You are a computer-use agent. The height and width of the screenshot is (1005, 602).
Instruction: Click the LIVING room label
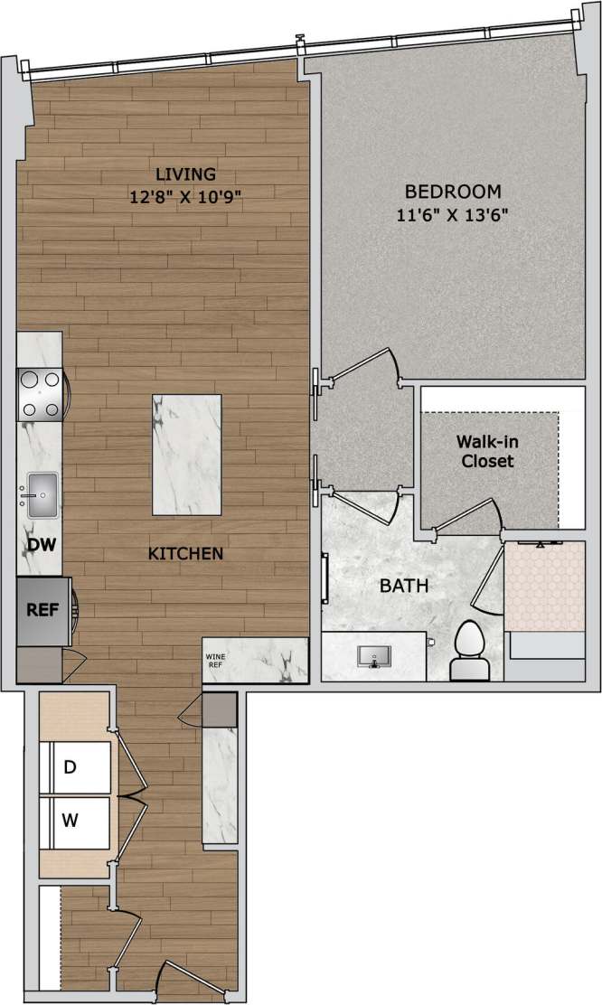coord(184,174)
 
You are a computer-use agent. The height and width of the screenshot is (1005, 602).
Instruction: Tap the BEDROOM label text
coord(452,192)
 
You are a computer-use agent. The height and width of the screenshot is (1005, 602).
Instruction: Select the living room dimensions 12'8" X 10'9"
coord(184,194)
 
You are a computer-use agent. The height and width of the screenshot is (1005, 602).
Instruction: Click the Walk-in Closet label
coord(487,452)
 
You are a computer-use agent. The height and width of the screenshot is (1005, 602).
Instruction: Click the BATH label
coord(403,586)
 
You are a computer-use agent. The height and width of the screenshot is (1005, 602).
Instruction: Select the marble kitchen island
coord(187,455)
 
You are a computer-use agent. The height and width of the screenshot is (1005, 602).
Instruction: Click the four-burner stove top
coord(40,395)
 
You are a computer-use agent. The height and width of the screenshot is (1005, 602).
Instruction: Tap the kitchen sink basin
coord(42,494)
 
